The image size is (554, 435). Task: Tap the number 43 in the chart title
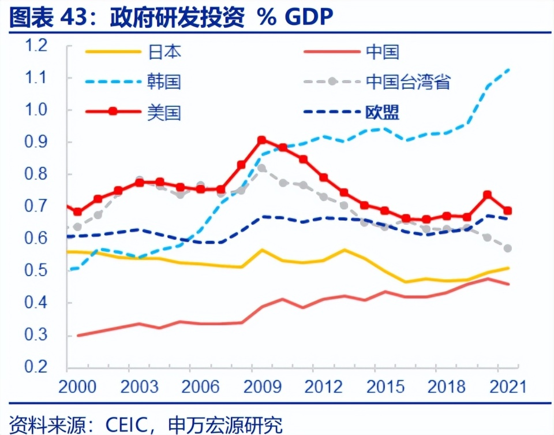[73, 17]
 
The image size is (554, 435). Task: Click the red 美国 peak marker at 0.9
[261, 140]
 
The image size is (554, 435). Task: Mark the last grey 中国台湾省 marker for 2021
[508, 248]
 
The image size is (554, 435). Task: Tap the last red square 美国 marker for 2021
[508, 211]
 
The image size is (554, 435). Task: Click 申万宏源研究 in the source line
[225, 423]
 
